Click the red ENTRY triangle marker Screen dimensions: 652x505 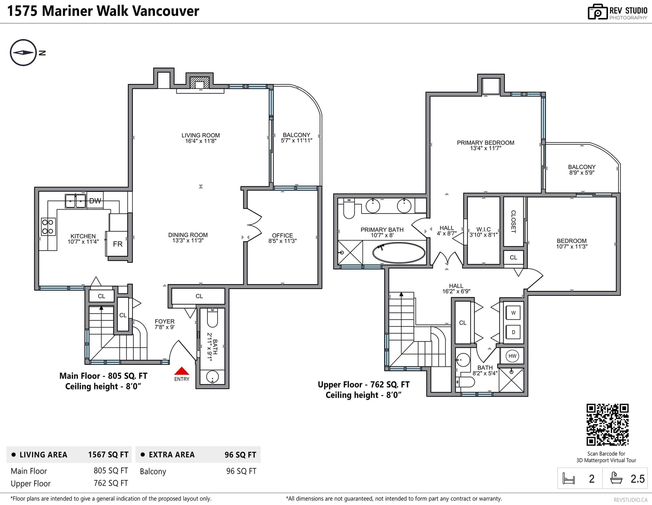point(181,371)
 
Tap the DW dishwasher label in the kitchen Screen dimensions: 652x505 point(95,201)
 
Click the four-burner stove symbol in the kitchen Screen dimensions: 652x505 point(48,227)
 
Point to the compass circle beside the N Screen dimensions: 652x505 point(23,53)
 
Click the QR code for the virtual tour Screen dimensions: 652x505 point(607,425)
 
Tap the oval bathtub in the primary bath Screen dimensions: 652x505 point(399,253)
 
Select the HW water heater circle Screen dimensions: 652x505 point(512,356)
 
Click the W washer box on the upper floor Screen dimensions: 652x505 point(513,313)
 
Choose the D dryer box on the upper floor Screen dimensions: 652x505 point(513,332)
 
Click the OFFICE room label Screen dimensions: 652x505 point(282,236)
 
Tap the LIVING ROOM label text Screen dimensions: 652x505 point(200,135)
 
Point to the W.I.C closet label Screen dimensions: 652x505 point(483,229)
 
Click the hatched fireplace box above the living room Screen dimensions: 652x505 point(200,82)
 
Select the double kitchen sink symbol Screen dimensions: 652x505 point(75,201)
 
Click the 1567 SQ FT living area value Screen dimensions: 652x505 point(108,454)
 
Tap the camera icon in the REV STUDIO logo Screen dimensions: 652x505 point(597,12)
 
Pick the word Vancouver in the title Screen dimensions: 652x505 point(165,11)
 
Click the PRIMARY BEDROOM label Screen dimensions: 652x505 point(485,143)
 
